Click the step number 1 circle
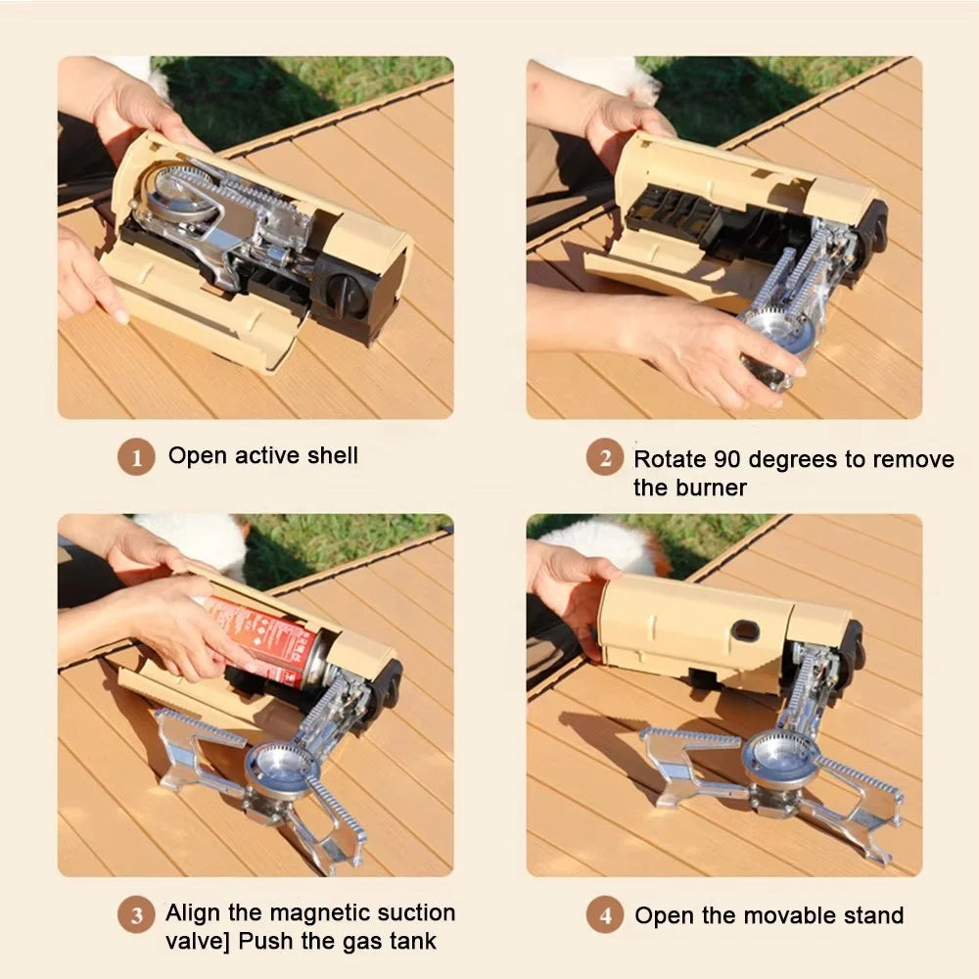click(x=136, y=457)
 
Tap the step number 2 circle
click(x=605, y=457)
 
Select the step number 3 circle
click(x=136, y=915)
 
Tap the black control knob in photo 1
click(x=347, y=295)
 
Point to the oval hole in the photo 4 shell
click(x=745, y=630)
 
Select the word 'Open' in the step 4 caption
click(x=662, y=916)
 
